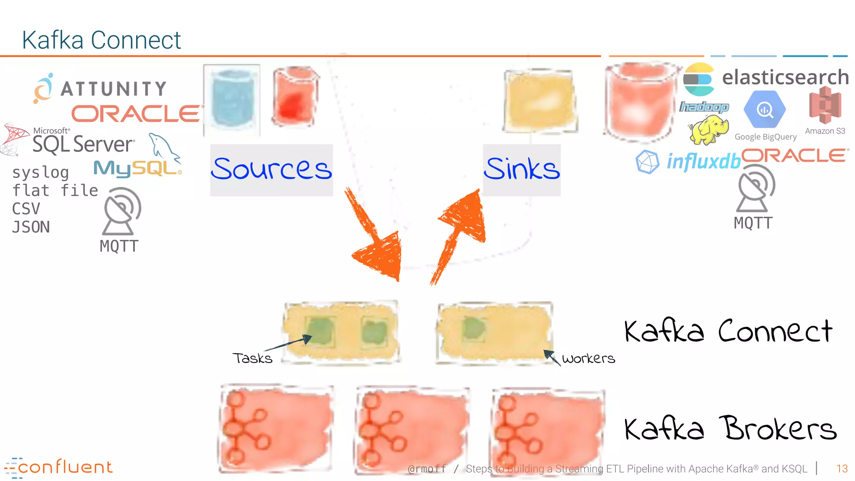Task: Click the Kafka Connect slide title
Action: pos(101,40)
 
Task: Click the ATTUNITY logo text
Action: pos(114,89)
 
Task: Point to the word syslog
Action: pos(40,172)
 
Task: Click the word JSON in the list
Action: pos(31,227)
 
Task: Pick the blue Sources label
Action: pos(271,169)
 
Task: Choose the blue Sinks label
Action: pos(521,169)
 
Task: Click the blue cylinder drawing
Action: pos(232,99)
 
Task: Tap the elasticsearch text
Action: pos(785,77)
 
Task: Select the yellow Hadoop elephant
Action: pos(709,129)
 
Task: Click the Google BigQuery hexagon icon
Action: pos(765,109)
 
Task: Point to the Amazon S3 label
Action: pos(825,131)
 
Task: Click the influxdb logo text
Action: pos(703,161)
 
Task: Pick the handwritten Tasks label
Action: pos(253,358)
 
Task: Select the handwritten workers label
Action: pos(589,358)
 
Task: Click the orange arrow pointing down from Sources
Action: pos(374,238)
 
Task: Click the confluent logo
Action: pos(58,467)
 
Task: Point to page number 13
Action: pos(842,469)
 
